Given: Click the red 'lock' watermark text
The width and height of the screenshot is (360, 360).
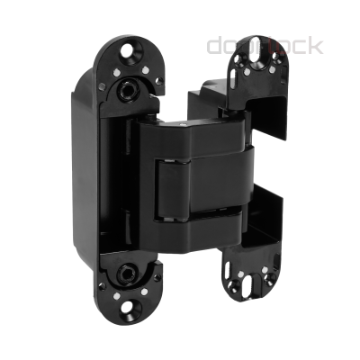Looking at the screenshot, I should (298, 45).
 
